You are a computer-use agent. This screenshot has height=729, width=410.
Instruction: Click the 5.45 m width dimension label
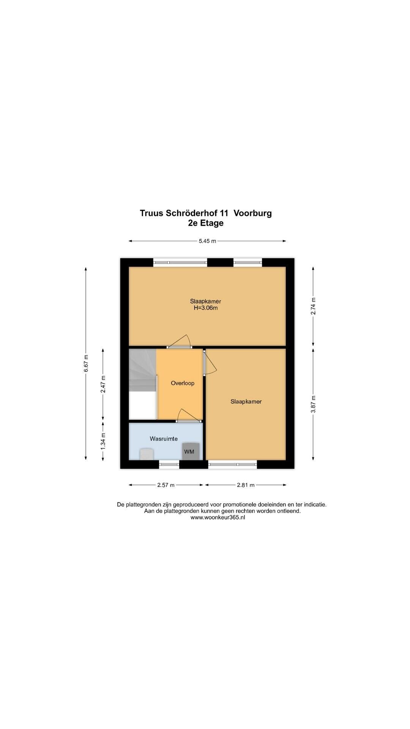[207, 241]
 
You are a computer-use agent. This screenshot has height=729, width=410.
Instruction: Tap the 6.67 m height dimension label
[86, 363]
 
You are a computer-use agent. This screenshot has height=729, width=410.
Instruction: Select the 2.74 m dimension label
[313, 306]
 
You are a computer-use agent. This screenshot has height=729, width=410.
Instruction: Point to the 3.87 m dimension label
[313, 404]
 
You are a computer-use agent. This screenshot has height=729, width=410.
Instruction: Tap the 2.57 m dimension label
[166, 485]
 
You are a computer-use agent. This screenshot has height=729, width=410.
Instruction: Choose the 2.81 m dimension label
[246, 485]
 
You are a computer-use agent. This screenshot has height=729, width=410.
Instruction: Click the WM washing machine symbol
[190, 451]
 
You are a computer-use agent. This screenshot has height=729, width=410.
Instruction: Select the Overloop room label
[183, 383]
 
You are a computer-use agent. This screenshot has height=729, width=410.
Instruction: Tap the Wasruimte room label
[164, 439]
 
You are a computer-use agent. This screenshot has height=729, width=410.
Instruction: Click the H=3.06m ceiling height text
[206, 308]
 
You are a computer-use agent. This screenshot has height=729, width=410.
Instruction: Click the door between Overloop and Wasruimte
[189, 416]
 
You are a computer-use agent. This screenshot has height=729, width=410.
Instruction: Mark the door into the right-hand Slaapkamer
[210, 362]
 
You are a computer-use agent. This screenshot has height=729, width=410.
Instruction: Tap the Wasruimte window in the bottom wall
[169, 464]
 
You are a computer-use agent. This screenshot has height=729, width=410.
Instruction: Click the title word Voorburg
[253, 213]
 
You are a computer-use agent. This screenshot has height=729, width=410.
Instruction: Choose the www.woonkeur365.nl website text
[218, 517]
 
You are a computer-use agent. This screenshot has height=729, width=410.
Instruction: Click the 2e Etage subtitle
[206, 223]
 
